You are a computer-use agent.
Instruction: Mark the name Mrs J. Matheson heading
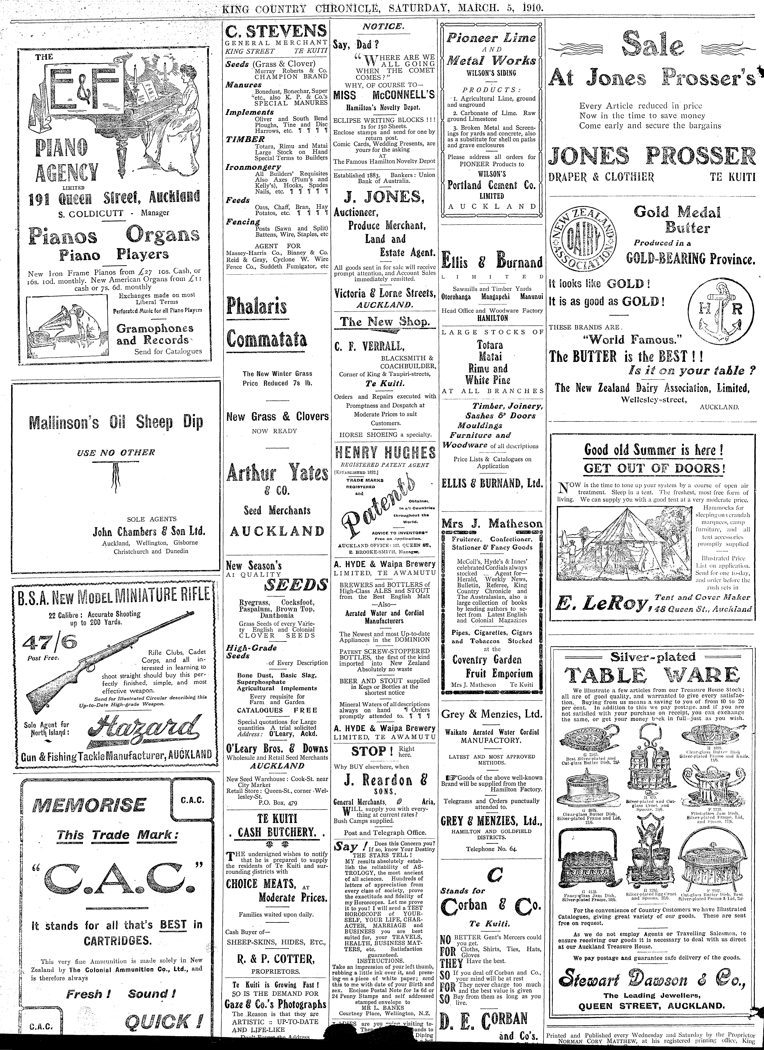pyautogui.click(x=492, y=524)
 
